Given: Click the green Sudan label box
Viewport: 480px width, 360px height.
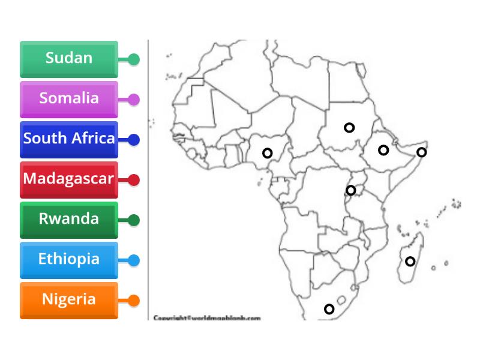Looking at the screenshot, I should [69, 59].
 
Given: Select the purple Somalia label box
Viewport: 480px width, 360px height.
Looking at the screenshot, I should [69, 99].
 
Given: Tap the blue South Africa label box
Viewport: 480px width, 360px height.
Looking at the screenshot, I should [69, 139].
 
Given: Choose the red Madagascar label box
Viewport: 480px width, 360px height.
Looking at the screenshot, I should [69, 179].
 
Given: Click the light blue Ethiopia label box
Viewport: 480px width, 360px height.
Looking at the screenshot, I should [69, 260].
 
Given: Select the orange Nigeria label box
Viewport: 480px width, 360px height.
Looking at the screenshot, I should [69, 300].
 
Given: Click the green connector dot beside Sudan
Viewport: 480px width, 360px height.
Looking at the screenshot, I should [134, 59].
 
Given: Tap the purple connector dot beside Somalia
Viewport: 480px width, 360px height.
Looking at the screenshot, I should [134, 100].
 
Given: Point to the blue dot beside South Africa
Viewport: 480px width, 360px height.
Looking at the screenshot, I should [134, 140].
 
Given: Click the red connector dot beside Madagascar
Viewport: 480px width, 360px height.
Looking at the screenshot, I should [134, 180].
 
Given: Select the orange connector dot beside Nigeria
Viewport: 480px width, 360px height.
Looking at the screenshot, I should [134, 301].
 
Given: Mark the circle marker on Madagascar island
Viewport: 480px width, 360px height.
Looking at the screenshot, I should [410, 261].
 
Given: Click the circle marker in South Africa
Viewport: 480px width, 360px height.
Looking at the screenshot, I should [329, 309].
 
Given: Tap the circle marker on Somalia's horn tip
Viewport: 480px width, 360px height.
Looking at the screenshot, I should [422, 152].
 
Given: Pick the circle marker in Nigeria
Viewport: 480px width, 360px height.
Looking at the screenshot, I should [268, 153].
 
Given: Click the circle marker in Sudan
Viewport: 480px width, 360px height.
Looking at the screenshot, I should [349, 127].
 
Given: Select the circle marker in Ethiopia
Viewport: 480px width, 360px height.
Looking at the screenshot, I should [383, 150].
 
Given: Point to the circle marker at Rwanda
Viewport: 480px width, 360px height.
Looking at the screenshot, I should [351, 191].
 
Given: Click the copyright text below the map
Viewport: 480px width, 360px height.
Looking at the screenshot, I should [207, 318].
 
